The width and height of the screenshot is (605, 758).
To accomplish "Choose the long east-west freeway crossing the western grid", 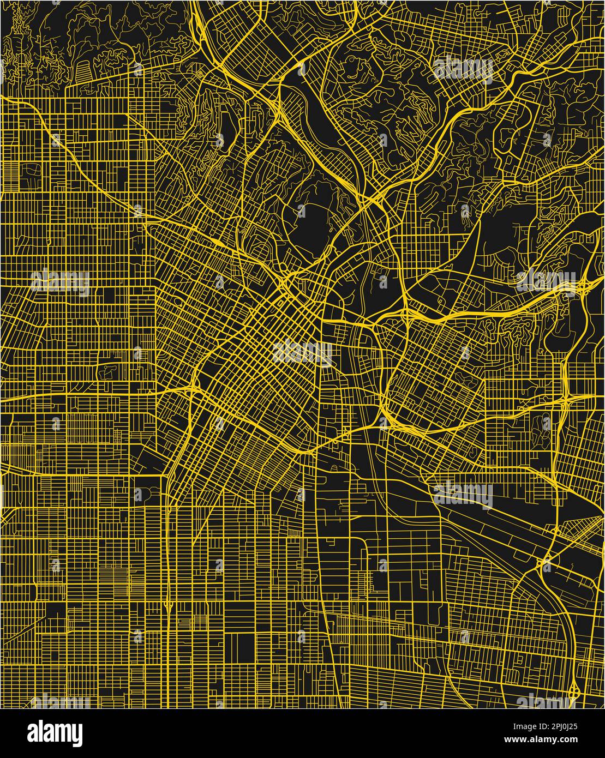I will pos(82,395).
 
